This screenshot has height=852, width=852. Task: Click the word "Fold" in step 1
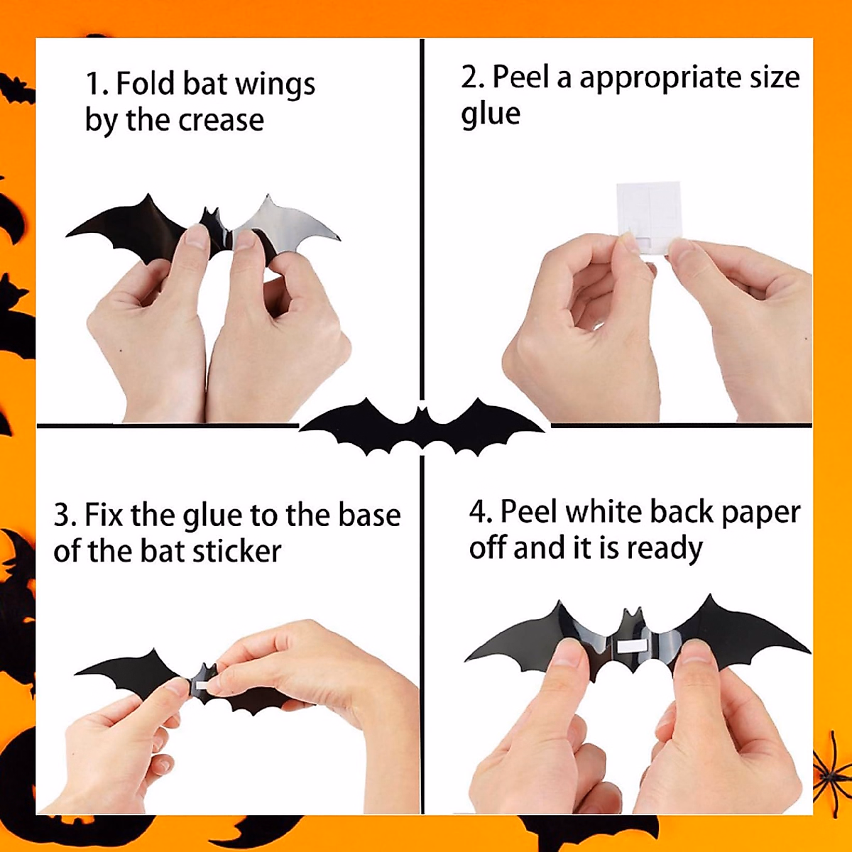[x=144, y=84]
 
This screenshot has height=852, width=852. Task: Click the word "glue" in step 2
[x=490, y=114]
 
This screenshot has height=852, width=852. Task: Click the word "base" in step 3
[x=369, y=515]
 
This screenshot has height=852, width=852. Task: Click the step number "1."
[x=97, y=84]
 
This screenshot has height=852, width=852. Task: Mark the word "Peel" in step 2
[x=520, y=77]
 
